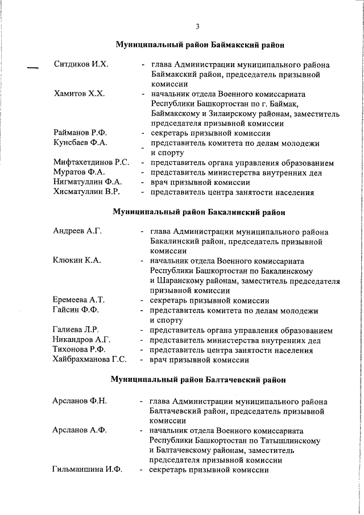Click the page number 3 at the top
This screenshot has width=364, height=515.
(197, 26)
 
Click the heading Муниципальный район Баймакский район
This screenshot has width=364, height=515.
(199, 44)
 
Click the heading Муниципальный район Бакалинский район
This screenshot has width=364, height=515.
(198, 212)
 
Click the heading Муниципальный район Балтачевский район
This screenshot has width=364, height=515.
(198, 379)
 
